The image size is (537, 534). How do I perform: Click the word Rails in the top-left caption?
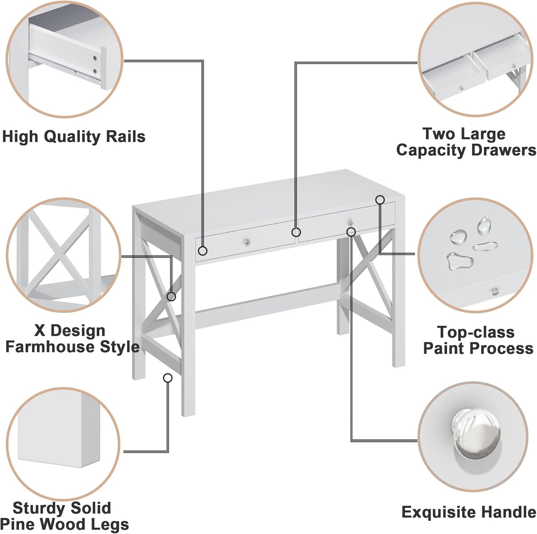(126, 137)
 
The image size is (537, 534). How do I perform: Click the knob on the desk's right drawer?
(350, 223)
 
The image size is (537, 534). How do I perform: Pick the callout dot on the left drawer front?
(203, 251)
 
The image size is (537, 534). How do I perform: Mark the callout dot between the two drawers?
(296, 232)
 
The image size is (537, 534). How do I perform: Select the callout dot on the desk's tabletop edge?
(380, 200)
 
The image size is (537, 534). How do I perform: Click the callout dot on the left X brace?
(171, 297)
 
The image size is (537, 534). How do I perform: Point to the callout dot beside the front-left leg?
(168, 378)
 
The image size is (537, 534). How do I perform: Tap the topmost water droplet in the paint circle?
(483, 224)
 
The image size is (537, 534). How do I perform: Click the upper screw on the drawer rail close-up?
(96, 58)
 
